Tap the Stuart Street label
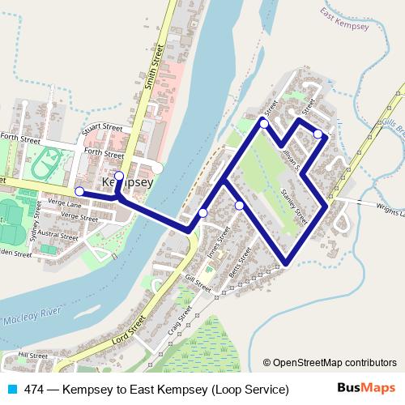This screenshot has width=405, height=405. [x=101, y=128]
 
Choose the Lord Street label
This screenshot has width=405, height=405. [x=128, y=331]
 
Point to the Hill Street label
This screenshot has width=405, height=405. [x=33, y=355]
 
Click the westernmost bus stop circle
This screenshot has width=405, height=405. [x=79, y=191]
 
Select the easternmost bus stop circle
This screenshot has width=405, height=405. [x=318, y=134]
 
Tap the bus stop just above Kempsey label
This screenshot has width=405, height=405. [x=119, y=175]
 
